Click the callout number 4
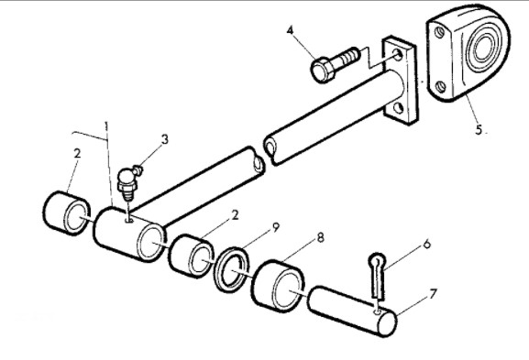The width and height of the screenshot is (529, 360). coord(290,30)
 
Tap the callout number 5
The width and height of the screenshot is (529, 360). coord(479,129)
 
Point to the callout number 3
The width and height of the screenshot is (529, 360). coord(164,139)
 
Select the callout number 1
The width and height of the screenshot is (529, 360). coord(106,127)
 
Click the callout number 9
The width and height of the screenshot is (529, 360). coord(276,227)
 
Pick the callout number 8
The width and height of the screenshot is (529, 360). coord(320,237)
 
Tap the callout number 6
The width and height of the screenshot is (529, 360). coord(427,244)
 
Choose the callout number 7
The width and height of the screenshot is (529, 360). coord(433,294)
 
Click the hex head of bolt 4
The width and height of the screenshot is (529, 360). coord(322,71)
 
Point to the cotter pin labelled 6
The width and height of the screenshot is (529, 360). coord(378,276)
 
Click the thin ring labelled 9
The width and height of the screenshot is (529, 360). coord(232,269)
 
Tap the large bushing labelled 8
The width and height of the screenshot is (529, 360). coord(279,286)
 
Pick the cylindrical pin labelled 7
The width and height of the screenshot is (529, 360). coord(353,311)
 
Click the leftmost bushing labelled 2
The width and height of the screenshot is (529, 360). coord(67,213)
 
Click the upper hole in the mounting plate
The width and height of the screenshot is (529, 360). coord(399,55)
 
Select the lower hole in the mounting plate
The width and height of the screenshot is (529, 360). coord(399,108)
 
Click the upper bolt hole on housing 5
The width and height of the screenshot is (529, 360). coord(439,33)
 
